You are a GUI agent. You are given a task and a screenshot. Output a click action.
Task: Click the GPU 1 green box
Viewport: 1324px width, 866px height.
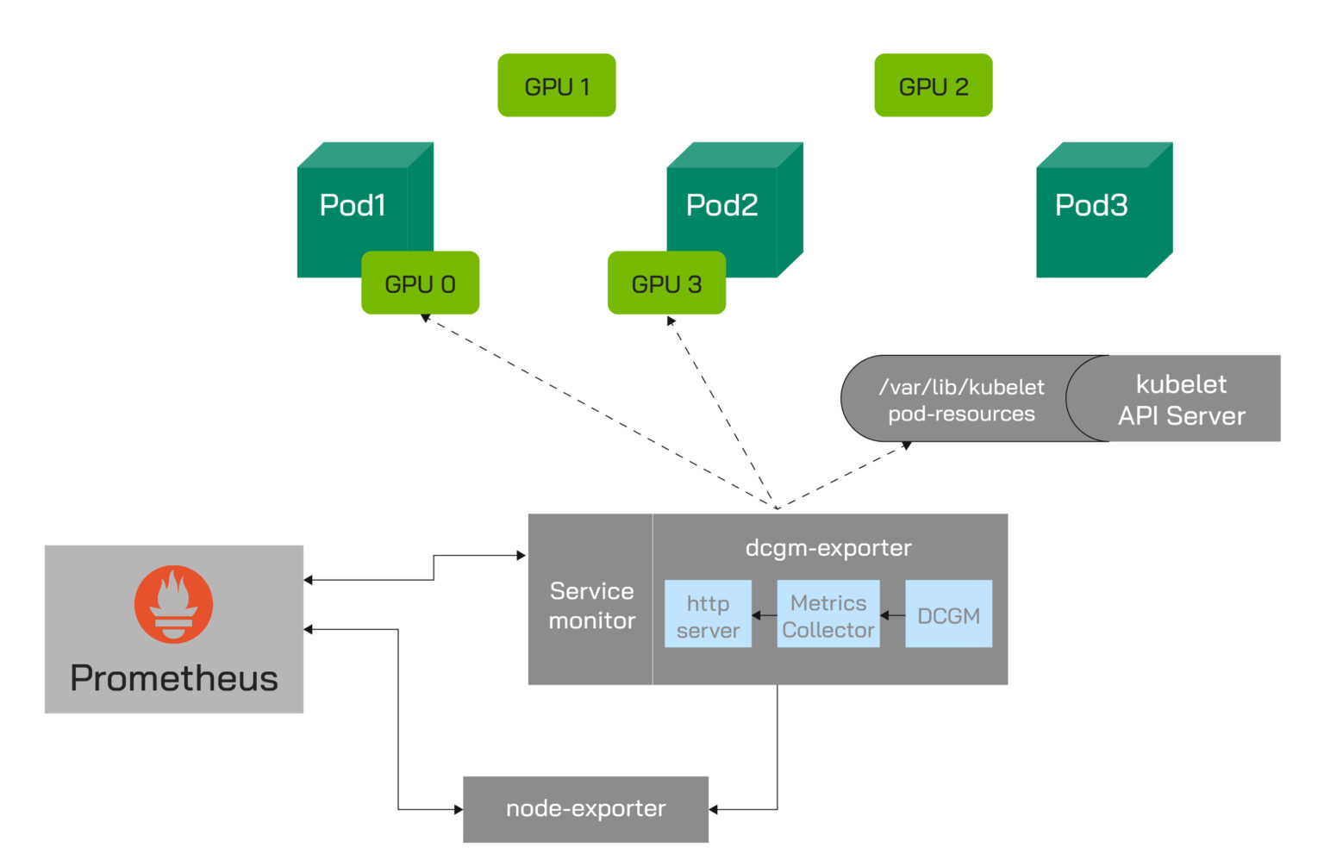coord(556,85)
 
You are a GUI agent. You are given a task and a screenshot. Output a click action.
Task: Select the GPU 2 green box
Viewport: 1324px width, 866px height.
coord(933,85)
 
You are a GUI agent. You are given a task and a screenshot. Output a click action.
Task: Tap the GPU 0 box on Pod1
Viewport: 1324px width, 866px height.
coord(420,283)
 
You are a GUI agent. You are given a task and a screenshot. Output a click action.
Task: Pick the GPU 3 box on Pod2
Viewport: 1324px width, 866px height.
coord(666,283)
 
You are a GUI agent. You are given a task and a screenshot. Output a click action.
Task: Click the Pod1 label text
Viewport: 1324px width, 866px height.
coord(352,205)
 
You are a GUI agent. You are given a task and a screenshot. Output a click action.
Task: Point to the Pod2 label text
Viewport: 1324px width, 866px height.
coord(721,205)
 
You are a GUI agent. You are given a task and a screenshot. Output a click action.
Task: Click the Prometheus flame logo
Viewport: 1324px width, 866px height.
coord(173,604)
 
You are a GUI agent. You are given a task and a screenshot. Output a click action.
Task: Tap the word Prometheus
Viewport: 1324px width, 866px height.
coord(173,678)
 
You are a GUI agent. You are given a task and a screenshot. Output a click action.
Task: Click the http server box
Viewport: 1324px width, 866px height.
coord(708,614)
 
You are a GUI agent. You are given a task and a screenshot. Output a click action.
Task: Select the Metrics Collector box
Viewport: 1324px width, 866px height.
coord(827,614)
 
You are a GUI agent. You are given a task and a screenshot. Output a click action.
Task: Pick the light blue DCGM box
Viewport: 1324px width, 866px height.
coord(948,614)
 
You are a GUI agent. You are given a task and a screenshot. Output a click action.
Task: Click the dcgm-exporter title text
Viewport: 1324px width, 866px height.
coord(827,548)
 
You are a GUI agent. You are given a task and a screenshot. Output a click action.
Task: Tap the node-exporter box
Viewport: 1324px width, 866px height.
coord(585,809)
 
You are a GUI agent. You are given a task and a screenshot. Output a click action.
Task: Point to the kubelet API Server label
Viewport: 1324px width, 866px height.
coord(1181,400)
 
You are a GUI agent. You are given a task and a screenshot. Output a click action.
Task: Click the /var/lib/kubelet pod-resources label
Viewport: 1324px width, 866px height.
coord(960,400)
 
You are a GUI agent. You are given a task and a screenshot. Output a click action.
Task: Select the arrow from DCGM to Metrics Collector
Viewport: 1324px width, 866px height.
coord(892,615)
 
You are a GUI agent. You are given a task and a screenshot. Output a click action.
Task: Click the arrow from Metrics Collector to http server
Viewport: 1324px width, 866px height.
coord(764,615)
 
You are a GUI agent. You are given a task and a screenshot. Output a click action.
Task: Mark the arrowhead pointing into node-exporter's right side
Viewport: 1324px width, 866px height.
coord(714,809)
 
